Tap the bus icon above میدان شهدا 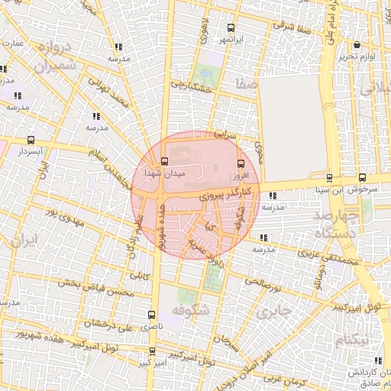tap(164, 161)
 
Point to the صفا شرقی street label tap(292, 25)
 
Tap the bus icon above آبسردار tap(31, 141)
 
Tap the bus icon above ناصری tap(150, 315)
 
